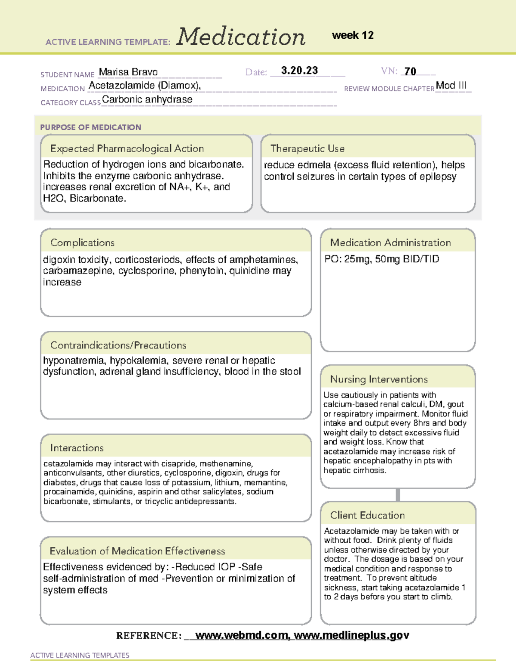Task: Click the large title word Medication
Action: tap(241, 37)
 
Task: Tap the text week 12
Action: tap(353, 35)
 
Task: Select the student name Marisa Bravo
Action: tap(128, 72)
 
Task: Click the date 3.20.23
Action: tap(299, 71)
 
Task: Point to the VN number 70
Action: tap(410, 71)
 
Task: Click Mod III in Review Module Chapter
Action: tap(451, 85)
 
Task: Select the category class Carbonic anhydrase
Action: tap(147, 99)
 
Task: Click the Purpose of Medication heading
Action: tap(90, 127)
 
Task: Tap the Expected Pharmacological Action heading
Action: tap(127, 148)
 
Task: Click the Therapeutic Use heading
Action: tap(307, 148)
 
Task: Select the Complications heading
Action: tap(82, 243)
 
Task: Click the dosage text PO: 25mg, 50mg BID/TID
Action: tap(382, 259)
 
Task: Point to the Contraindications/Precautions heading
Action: tap(118, 345)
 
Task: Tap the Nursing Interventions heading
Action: tap(378, 379)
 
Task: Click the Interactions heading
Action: tap(77, 448)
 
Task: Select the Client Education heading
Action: tap(367, 515)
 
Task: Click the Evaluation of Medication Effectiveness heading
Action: tap(137, 551)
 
